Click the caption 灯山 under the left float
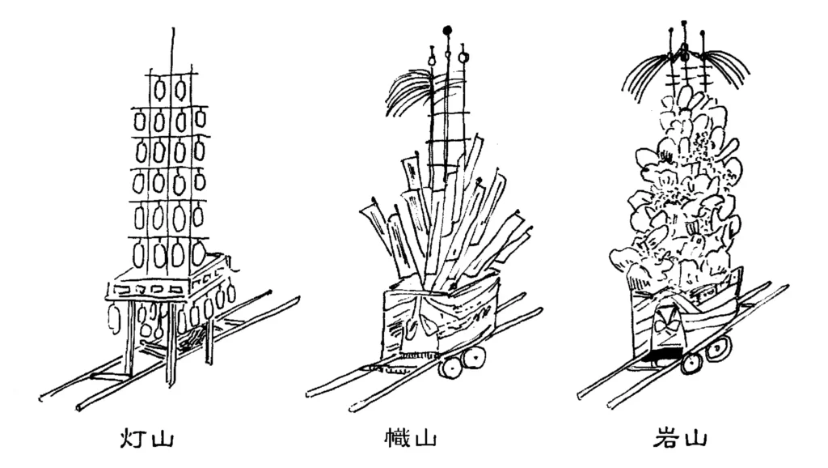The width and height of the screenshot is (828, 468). coord(146,438)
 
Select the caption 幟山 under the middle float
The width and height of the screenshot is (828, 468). coord(411,438)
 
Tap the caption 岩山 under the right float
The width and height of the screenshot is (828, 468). coord(679,438)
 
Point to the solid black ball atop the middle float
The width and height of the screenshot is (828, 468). coord(448,30)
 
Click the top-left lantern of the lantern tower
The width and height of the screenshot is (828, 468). coord(159,89)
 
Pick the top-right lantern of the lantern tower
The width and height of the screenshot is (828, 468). coord(180,89)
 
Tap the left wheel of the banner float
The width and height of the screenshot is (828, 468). coord(450,368)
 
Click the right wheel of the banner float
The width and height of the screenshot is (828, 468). coord(474,358)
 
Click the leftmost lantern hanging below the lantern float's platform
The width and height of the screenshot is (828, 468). coord(114,318)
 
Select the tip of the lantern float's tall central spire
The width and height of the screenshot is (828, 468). coord(173,28)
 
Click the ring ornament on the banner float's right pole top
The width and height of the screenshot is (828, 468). coord(463,57)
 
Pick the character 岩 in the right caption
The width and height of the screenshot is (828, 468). coord(666,438)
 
